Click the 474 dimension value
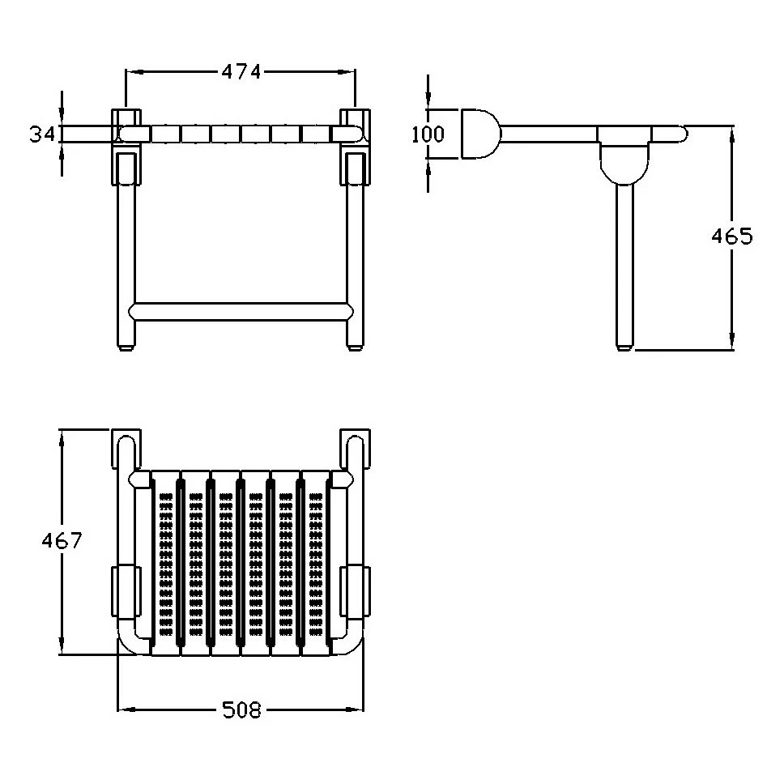(241, 73)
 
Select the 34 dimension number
(41, 134)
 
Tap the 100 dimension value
(428, 134)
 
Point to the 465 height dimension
(731, 236)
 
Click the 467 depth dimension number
(62, 540)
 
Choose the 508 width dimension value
(241, 709)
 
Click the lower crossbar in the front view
(241, 311)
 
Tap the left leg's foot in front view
(126, 347)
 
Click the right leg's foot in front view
(356, 347)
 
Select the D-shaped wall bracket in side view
(479, 134)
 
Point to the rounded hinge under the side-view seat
(624, 163)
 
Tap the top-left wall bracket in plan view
(126, 448)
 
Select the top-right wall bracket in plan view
(355, 448)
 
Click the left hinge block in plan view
(126, 591)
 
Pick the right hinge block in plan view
(355, 591)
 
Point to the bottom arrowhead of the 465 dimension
(732, 340)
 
